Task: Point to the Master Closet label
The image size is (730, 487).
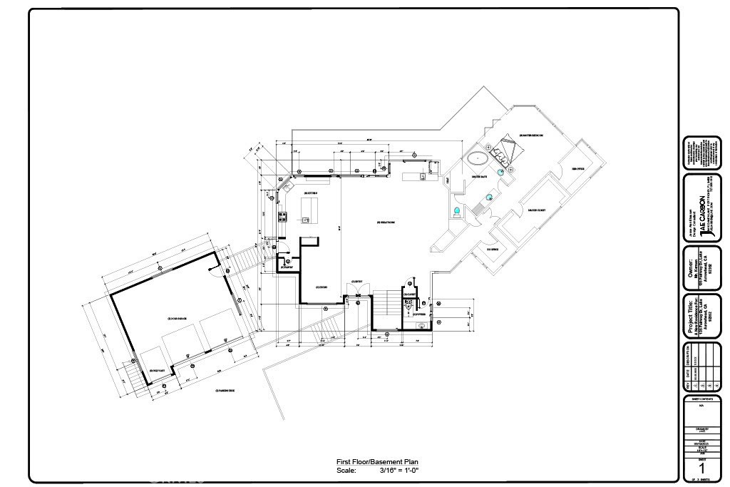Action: (536, 210)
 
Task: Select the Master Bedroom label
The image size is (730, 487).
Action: (532, 135)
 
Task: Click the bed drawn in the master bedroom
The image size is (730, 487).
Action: (508, 148)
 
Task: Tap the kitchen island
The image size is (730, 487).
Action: (309, 211)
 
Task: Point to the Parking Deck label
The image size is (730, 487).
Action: (225, 391)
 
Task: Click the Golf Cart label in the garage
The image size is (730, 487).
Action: (158, 369)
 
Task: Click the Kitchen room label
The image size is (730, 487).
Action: (310, 193)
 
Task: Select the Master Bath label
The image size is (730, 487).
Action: (478, 176)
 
